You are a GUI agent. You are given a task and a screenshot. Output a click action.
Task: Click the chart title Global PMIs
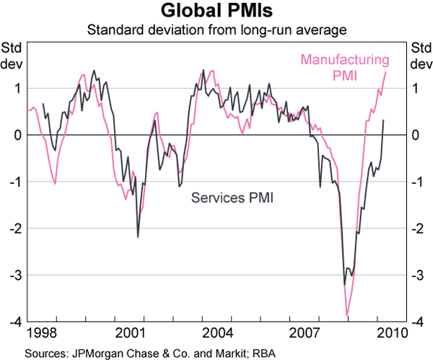tap(216, 12)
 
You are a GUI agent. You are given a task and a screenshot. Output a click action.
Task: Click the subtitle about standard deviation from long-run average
tap(216, 30)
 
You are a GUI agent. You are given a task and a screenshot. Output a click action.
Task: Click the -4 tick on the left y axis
tap(17, 322)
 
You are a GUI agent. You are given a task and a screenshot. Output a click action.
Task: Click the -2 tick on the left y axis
tap(17, 229)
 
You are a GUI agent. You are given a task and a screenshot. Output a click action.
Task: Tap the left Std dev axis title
tap(12, 56)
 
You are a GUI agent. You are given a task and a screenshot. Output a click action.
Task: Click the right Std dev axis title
tap(419, 56)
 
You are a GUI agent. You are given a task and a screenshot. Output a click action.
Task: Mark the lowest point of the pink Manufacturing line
tap(347, 316)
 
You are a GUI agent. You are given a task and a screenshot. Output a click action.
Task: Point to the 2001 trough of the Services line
tap(138, 237)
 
